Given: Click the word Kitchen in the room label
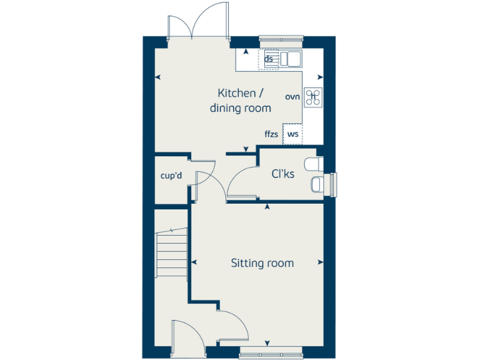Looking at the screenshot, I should click(x=236, y=93).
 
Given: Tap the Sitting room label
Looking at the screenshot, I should click(x=262, y=263).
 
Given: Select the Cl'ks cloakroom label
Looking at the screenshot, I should click(x=282, y=174).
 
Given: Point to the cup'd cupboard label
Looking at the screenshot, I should click(x=171, y=176).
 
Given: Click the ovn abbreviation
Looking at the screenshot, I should click(x=292, y=97).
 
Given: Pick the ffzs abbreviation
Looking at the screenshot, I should click(x=272, y=134).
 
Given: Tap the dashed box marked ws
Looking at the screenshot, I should click(x=292, y=134).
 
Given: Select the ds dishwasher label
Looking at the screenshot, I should click(x=269, y=59).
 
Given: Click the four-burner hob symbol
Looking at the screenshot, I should click(x=312, y=97).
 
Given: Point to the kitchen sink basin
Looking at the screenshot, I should click(x=291, y=59).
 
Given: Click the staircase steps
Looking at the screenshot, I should click(x=172, y=253).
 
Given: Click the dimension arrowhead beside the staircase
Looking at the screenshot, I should click(x=193, y=262).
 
